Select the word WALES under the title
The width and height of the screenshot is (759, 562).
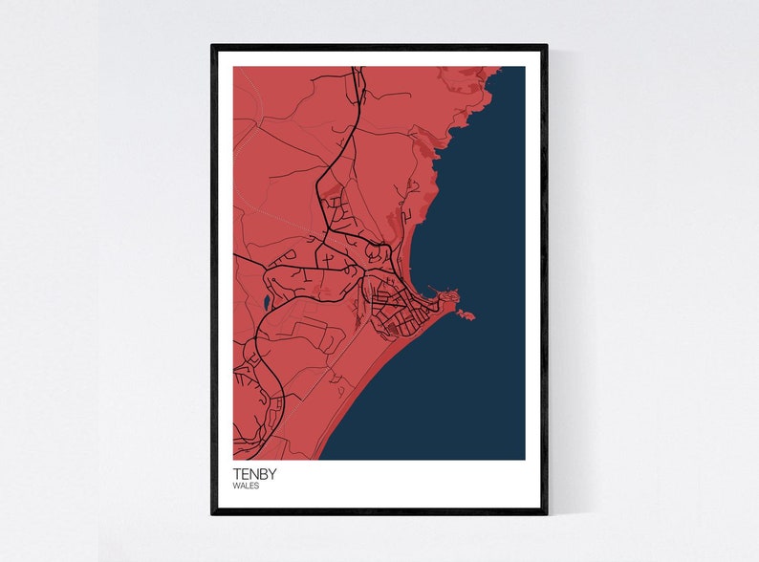(x=245, y=486)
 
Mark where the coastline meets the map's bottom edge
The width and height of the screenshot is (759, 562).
(x=319, y=459)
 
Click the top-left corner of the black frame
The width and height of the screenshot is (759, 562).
(x=213, y=46)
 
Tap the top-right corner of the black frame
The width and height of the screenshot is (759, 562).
(x=546, y=46)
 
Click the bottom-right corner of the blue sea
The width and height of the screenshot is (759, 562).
(x=524, y=459)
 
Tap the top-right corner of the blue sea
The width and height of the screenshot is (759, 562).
(x=524, y=67)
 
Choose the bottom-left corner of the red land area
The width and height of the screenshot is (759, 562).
(x=234, y=459)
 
